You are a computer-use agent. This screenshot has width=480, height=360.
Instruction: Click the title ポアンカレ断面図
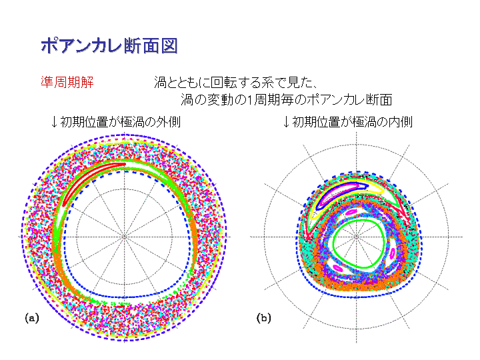point(109,46)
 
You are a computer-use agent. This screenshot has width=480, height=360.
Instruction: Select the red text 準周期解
point(67,82)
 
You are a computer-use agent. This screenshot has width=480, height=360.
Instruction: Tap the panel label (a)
point(32,318)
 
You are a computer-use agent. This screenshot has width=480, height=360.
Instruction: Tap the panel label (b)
point(263,318)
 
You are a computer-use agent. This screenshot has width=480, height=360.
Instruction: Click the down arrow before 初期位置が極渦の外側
point(54,122)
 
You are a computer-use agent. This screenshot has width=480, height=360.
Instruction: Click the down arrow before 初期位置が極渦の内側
point(286,122)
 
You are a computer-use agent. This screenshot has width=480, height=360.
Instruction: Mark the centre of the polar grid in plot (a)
point(124,237)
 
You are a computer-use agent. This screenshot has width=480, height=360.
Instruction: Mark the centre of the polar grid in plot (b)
point(356,237)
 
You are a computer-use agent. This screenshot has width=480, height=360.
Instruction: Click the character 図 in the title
point(169,46)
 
